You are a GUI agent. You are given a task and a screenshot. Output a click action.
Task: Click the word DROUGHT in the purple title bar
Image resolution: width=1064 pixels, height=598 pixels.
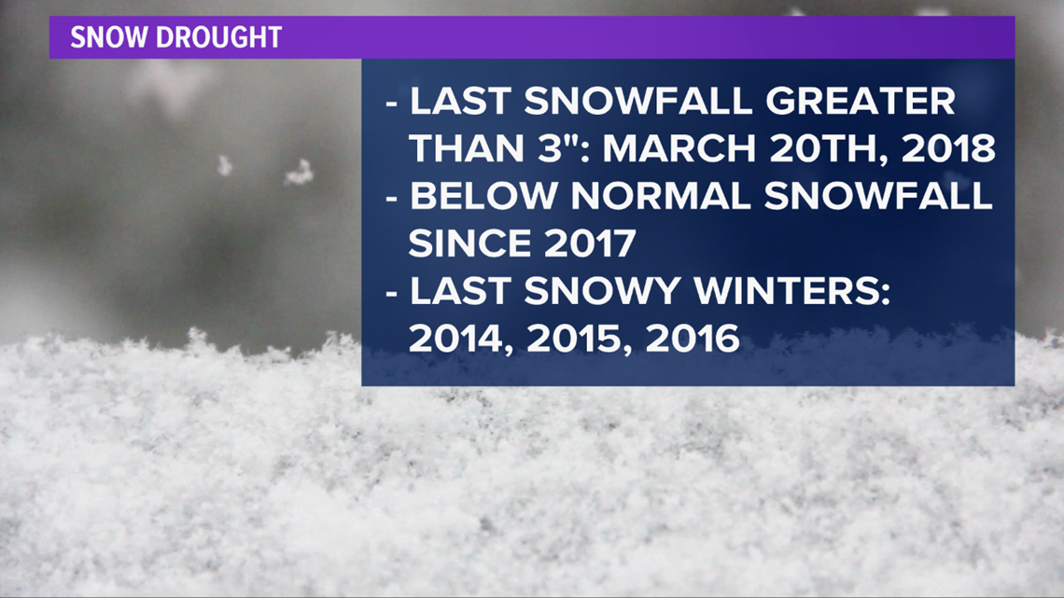click(218, 37)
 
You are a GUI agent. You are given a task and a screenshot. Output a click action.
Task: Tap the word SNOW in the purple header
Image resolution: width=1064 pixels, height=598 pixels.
click(110, 37)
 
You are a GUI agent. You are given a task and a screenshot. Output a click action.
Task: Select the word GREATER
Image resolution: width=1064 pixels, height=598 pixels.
click(861, 102)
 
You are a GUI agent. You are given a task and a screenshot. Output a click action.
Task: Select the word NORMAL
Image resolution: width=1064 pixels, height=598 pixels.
click(660, 197)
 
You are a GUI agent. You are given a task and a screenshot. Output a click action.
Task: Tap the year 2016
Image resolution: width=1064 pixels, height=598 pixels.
click(693, 339)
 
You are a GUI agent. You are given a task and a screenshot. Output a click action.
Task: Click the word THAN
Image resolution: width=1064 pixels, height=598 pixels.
click(466, 148)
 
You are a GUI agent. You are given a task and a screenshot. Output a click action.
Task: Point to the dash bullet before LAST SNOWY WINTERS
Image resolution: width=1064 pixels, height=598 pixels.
click(392, 294)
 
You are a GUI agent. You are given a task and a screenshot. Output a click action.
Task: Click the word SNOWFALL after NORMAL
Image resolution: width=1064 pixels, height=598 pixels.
click(878, 197)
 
